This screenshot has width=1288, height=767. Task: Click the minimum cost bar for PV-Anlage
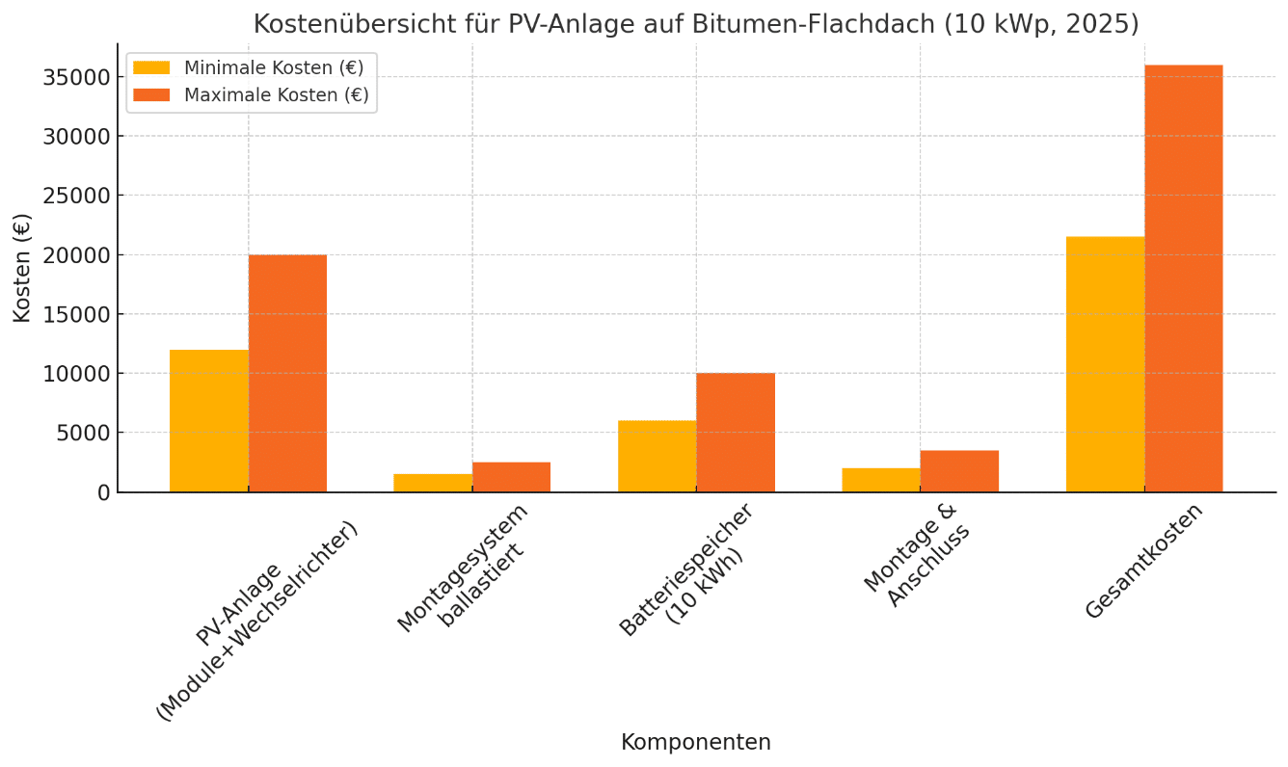pyautogui.click(x=209, y=421)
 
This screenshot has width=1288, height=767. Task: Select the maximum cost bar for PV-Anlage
pyautogui.click(x=287, y=374)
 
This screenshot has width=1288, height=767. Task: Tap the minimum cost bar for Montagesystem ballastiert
pyautogui.click(x=433, y=483)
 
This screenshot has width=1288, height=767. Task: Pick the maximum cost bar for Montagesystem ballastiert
pyautogui.click(x=511, y=477)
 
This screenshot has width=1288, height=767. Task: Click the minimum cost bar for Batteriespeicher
pyautogui.click(x=657, y=457)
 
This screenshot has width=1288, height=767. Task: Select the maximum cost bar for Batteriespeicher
pyautogui.click(x=736, y=433)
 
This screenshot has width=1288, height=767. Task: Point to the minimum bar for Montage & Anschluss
pyautogui.click(x=881, y=480)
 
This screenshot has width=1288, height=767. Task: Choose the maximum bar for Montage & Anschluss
pyautogui.click(x=959, y=471)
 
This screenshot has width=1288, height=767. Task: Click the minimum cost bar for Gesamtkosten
pyautogui.click(x=1105, y=364)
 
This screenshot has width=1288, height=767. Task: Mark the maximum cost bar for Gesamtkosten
pyautogui.click(x=1184, y=278)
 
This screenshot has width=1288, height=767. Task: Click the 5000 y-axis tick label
pyautogui.click(x=83, y=433)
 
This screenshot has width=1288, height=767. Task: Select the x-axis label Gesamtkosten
pyautogui.click(x=1144, y=562)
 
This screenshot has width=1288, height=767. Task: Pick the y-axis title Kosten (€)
pyautogui.click(x=22, y=268)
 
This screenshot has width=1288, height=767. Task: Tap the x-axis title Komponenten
pyautogui.click(x=696, y=743)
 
